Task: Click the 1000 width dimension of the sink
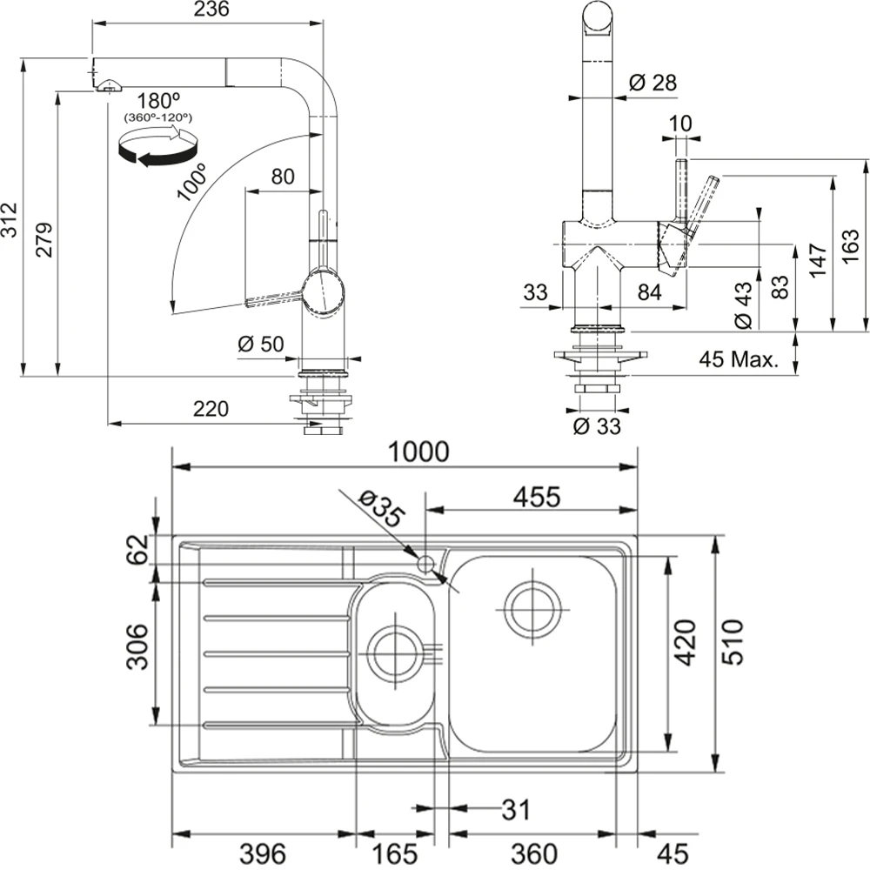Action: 418,452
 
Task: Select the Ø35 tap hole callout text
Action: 380,507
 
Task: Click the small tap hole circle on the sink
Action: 425,564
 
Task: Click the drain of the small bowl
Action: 393,653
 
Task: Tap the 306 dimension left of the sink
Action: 137,648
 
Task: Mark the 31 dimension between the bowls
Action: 514,811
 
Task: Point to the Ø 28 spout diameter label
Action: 652,83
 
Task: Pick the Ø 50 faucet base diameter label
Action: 260,344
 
